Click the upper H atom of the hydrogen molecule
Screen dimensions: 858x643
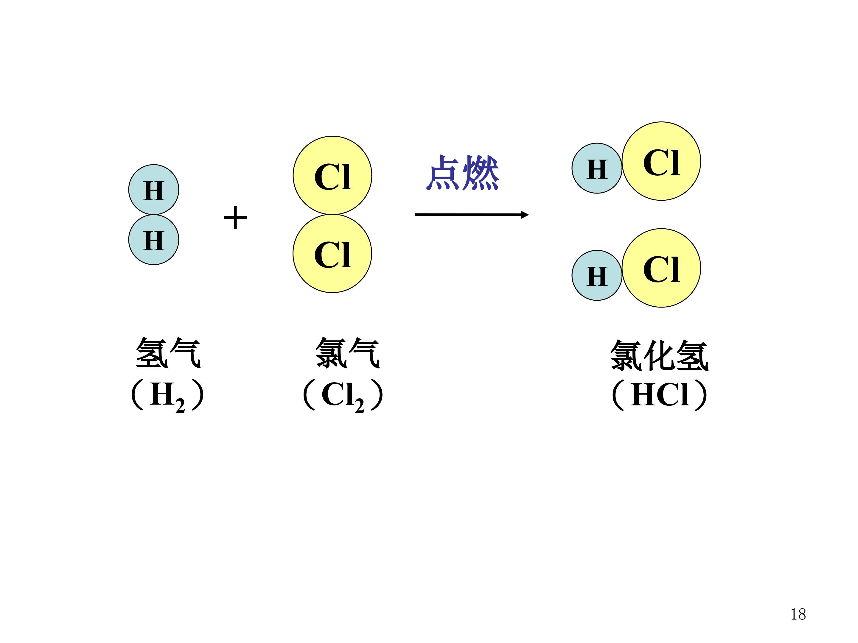click(154, 190)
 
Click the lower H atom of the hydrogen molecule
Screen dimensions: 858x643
click(154, 240)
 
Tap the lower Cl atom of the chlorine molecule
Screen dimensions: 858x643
click(332, 254)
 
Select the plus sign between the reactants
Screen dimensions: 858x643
click(235, 217)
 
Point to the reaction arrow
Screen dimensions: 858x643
click(472, 214)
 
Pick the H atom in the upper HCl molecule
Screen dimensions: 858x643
click(597, 168)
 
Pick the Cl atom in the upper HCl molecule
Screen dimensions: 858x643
click(661, 161)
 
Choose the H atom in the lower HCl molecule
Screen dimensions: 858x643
click(597, 275)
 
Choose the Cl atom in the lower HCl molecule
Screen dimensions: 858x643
click(661, 268)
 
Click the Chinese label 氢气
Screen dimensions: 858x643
click(168, 352)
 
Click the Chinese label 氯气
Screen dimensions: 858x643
click(348, 352)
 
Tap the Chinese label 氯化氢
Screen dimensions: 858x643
click(659, 355)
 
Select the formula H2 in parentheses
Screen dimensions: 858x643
click(167, 397)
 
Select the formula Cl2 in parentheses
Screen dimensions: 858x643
click(343, 397)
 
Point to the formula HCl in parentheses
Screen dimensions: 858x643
click(659, 395)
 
